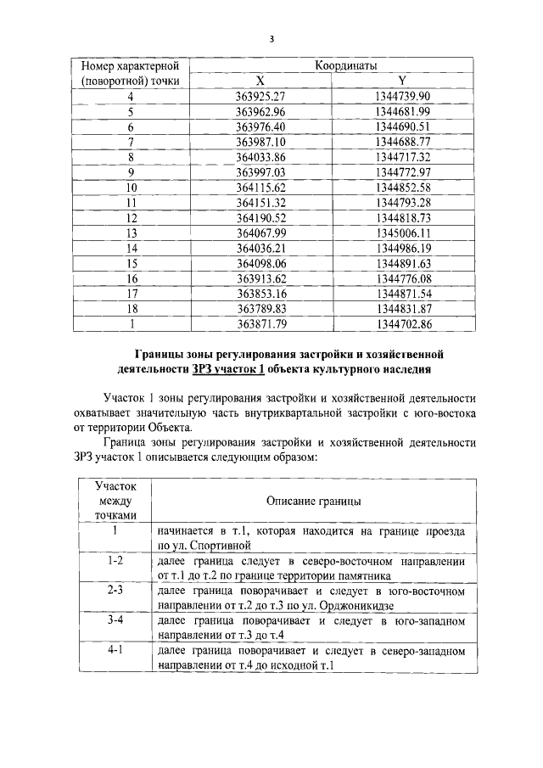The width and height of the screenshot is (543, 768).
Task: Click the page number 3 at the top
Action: [x=271, y=38]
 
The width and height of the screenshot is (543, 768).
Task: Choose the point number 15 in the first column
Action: [x=131, y=263]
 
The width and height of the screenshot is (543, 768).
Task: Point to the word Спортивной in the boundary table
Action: [x=226, y=545]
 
